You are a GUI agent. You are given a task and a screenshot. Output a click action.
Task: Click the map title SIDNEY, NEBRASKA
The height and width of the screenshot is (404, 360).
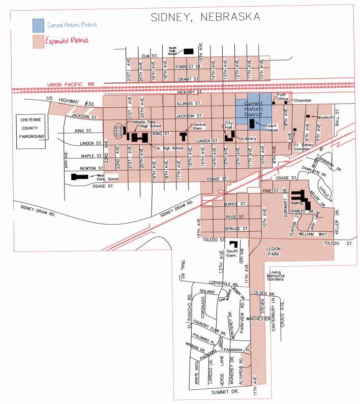205,17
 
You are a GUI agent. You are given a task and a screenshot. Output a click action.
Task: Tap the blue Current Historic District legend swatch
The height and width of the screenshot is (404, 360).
38,24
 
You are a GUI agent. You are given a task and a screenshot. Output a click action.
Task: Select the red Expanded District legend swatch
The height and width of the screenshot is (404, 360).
38,40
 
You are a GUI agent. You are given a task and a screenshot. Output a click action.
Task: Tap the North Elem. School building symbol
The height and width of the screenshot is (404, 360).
189,51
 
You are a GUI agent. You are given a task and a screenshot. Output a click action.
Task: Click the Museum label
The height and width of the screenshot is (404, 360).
325,117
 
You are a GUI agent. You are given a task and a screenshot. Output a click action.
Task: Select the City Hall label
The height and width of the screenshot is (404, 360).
229,125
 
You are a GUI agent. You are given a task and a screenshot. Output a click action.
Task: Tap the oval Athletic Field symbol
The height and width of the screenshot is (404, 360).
118,130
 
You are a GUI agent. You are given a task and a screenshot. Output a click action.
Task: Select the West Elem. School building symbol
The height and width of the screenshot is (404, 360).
80,177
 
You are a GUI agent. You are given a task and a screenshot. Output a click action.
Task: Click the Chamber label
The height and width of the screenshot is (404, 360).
303,101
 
